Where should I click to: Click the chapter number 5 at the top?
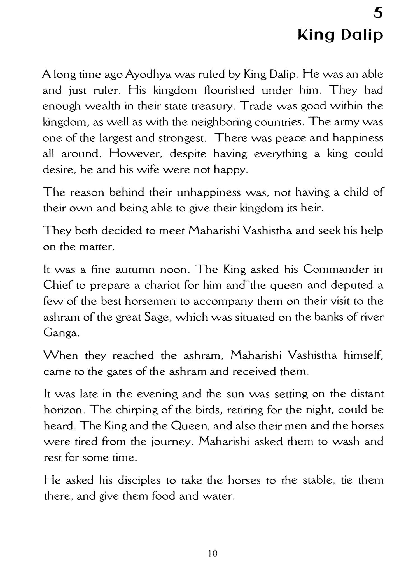[x=378, y=13]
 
